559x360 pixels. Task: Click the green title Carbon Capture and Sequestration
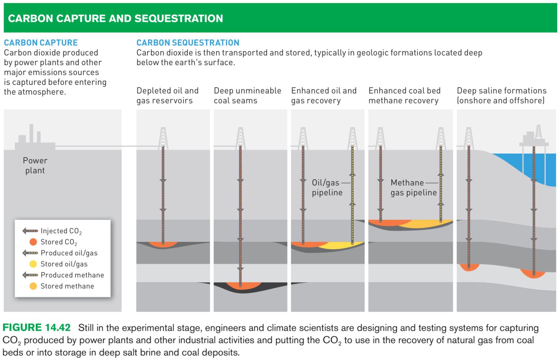(115, 18)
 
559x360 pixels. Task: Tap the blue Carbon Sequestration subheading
(188, 43)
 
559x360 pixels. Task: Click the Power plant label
(35, 165)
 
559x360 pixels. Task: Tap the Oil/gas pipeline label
(327, 187)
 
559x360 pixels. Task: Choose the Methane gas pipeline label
(413, 187)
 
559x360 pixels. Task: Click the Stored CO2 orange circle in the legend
(33, 242)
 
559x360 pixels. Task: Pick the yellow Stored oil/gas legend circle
(33, 264)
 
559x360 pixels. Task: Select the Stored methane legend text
(67, 286)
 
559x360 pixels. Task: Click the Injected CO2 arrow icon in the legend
(30, 231)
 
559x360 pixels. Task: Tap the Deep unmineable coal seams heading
(247, 95)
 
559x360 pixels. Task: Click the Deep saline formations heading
(501, 95)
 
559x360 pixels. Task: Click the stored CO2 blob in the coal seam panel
(243, 286)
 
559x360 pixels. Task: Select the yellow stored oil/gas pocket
(341, 246)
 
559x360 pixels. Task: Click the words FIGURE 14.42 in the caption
(36, 328)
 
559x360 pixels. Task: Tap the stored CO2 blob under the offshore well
(533, 273)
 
